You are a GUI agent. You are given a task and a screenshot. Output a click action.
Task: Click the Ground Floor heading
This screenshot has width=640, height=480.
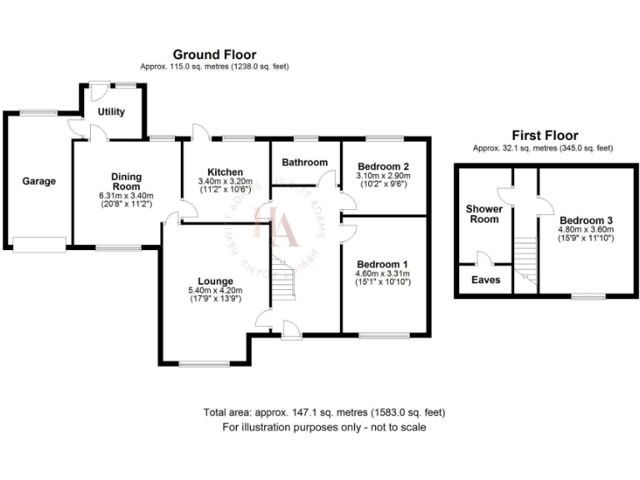click(214, 55)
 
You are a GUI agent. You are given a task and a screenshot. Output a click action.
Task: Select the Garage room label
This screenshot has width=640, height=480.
click(38, 181)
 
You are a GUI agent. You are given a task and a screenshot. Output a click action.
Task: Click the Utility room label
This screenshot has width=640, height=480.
click(111, 112)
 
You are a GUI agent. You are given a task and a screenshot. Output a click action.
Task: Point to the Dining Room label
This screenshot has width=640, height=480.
click(127, 182)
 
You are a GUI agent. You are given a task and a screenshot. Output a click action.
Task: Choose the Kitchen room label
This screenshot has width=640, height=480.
click(225, 172)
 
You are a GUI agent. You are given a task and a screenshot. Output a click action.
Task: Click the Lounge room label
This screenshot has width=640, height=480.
click(215, 281)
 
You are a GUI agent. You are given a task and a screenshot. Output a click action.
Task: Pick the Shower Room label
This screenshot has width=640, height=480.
click(483, 213)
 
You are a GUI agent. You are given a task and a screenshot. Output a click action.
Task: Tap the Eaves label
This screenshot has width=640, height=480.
click(485, 280)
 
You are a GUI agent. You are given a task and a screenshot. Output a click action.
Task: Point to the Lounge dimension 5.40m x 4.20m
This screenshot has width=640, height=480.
click(215, 291)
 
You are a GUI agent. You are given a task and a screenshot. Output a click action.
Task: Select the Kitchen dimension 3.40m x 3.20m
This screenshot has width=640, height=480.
click(225, 182)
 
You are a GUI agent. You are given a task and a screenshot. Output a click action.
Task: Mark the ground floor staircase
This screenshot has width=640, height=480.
click(282, 281)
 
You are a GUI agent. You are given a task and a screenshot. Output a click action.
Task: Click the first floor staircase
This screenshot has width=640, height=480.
click(524, 257)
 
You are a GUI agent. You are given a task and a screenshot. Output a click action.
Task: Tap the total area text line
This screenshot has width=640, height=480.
click(324, 412)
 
